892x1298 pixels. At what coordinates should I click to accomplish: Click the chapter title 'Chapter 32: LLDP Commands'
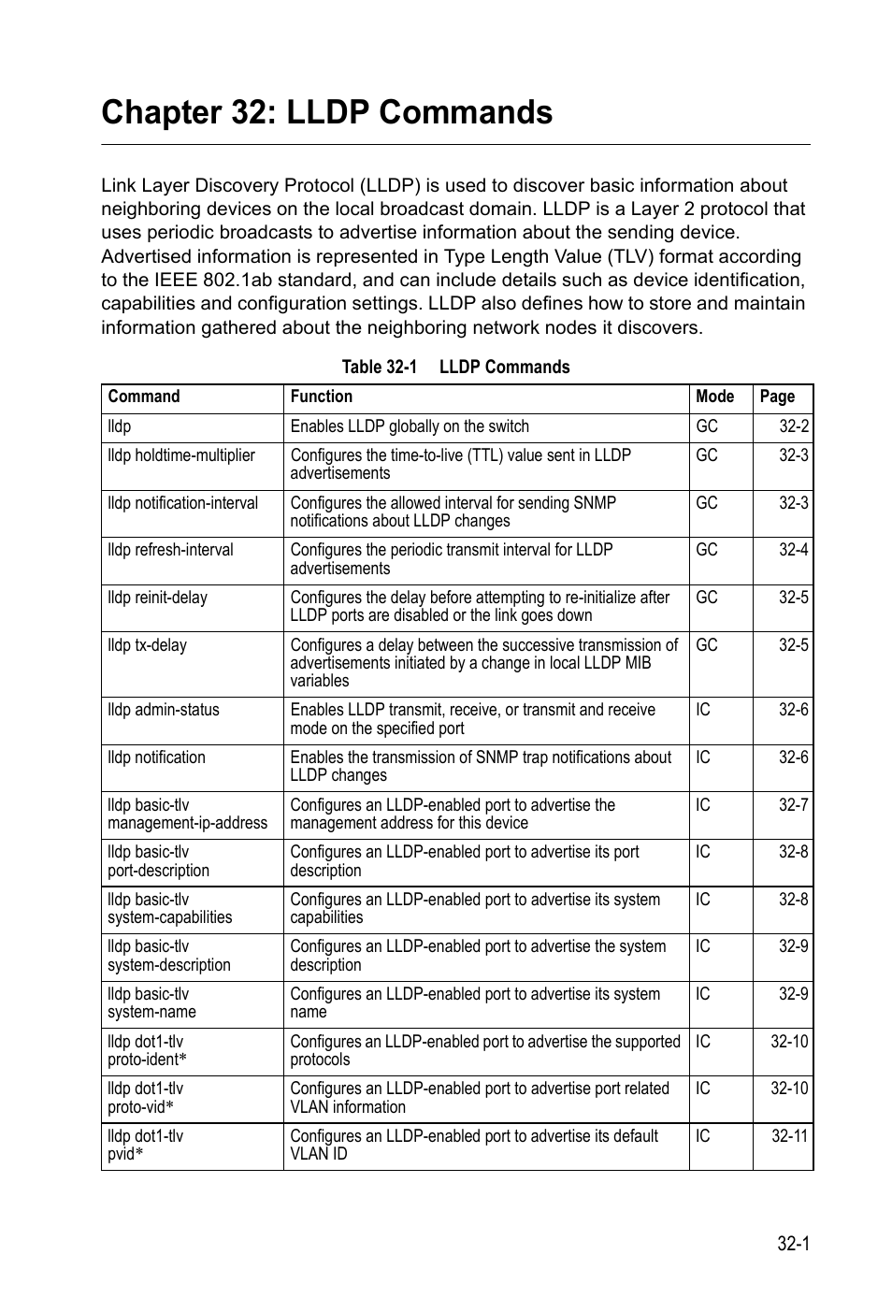(326, 112)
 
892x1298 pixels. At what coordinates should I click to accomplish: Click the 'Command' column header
(143, 397)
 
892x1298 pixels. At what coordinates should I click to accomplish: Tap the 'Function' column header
(321, 397)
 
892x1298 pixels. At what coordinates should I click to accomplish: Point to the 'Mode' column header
(714, 397)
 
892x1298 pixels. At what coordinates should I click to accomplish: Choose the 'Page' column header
(776, 397)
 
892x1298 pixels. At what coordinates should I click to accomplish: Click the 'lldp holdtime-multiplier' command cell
(180, 455)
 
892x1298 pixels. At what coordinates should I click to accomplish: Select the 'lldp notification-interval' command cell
(182, 503)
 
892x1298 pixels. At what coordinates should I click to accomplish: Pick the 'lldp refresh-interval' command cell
(170, 550)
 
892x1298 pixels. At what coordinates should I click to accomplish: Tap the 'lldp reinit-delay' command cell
(157, 598)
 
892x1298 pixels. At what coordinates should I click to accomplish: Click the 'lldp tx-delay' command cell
(147, 645)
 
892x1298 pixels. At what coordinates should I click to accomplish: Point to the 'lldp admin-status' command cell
(163, 710)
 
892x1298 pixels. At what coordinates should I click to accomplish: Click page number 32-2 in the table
(793, 426)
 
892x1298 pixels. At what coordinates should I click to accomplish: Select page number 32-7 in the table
(793, 805)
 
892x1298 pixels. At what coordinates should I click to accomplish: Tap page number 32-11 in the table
(789, 1136)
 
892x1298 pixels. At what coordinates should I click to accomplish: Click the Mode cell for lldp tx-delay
(706, 645)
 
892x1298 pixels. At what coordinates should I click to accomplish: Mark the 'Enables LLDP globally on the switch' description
(410, 426)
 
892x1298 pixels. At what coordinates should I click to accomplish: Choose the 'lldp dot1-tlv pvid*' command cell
(145, 1145)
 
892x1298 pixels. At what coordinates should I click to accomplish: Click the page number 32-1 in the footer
(792, 1244)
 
